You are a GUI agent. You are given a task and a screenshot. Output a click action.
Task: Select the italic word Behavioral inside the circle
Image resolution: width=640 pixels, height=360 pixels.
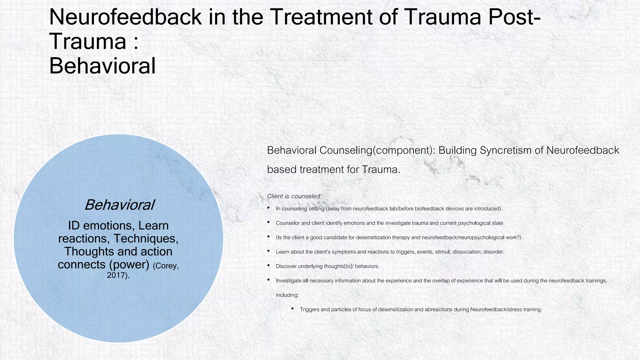(119, 205)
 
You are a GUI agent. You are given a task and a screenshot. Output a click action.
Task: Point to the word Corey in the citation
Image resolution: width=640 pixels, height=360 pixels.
(166, 266)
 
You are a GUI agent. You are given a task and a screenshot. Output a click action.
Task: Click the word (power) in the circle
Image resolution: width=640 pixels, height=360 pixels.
(129, 264)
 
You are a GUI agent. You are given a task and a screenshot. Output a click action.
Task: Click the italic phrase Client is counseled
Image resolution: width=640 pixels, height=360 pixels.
(294, 196)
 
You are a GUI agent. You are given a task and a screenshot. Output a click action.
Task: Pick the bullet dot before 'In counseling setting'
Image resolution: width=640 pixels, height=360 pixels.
(269, 208)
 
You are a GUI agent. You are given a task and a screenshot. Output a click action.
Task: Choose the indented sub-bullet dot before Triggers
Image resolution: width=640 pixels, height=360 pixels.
(292, 309)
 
